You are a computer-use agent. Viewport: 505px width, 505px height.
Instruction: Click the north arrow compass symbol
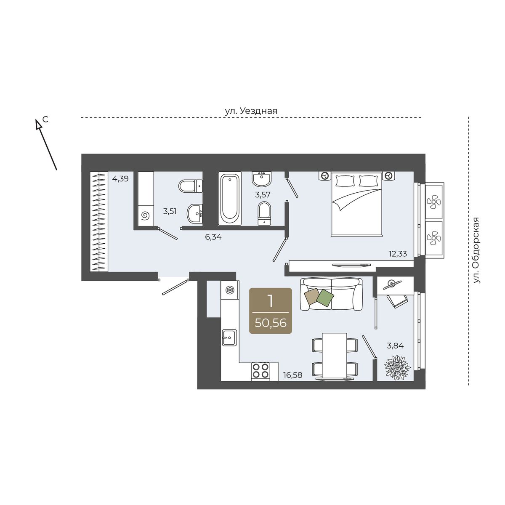46,144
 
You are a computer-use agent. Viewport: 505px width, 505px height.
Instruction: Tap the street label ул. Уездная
251,111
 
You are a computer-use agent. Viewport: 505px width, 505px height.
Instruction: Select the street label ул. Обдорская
476,250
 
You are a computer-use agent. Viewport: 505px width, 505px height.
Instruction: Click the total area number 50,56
271,323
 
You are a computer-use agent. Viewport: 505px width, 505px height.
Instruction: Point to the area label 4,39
120,179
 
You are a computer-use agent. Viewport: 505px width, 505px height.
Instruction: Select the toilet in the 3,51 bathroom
191,186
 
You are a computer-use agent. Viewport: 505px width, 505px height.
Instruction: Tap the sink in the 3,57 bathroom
261,179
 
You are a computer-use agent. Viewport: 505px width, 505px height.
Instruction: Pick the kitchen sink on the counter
230,338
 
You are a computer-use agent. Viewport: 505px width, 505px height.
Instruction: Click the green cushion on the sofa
325,297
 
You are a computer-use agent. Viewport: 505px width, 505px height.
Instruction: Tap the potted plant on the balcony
397,367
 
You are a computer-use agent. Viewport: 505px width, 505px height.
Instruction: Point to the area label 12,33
398,254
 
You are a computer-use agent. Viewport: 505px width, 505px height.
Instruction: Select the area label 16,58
293,375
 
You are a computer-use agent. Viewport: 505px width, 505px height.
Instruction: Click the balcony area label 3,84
395,346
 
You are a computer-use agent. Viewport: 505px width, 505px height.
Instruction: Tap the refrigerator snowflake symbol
230,290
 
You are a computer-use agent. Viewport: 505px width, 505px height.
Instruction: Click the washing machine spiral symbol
145,216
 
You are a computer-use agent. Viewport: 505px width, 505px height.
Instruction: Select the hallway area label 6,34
213,237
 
